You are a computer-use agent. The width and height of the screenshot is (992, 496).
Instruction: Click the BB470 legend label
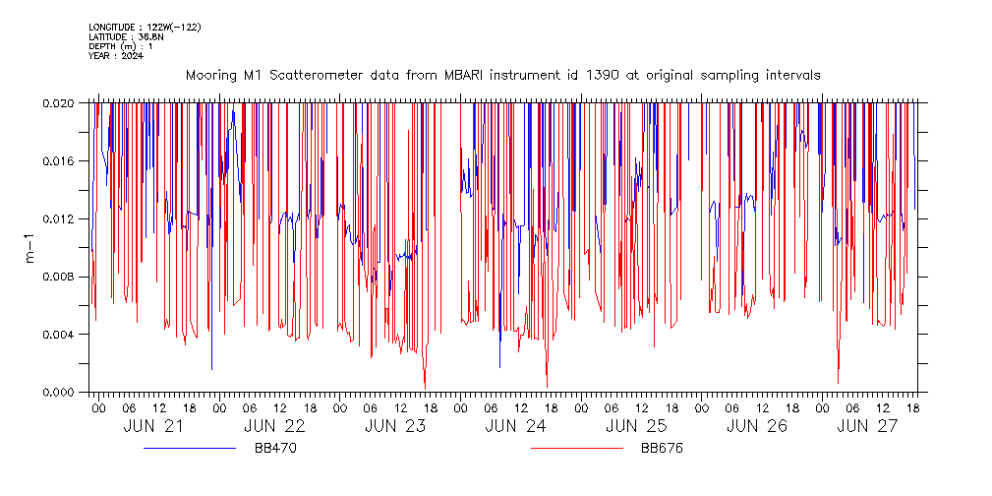275,449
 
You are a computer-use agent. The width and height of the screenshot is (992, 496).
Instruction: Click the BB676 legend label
662,449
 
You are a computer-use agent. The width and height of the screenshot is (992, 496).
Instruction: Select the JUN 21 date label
153,427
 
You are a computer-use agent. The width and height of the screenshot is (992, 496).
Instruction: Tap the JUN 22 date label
274,427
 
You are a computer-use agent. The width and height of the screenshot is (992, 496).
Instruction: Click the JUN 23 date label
395,427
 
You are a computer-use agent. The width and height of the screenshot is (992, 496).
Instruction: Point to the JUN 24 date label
516,427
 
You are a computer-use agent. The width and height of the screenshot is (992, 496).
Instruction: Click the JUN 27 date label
866,427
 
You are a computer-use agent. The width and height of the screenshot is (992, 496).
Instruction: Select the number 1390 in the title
601,75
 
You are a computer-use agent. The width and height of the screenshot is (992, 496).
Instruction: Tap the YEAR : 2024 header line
116,56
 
